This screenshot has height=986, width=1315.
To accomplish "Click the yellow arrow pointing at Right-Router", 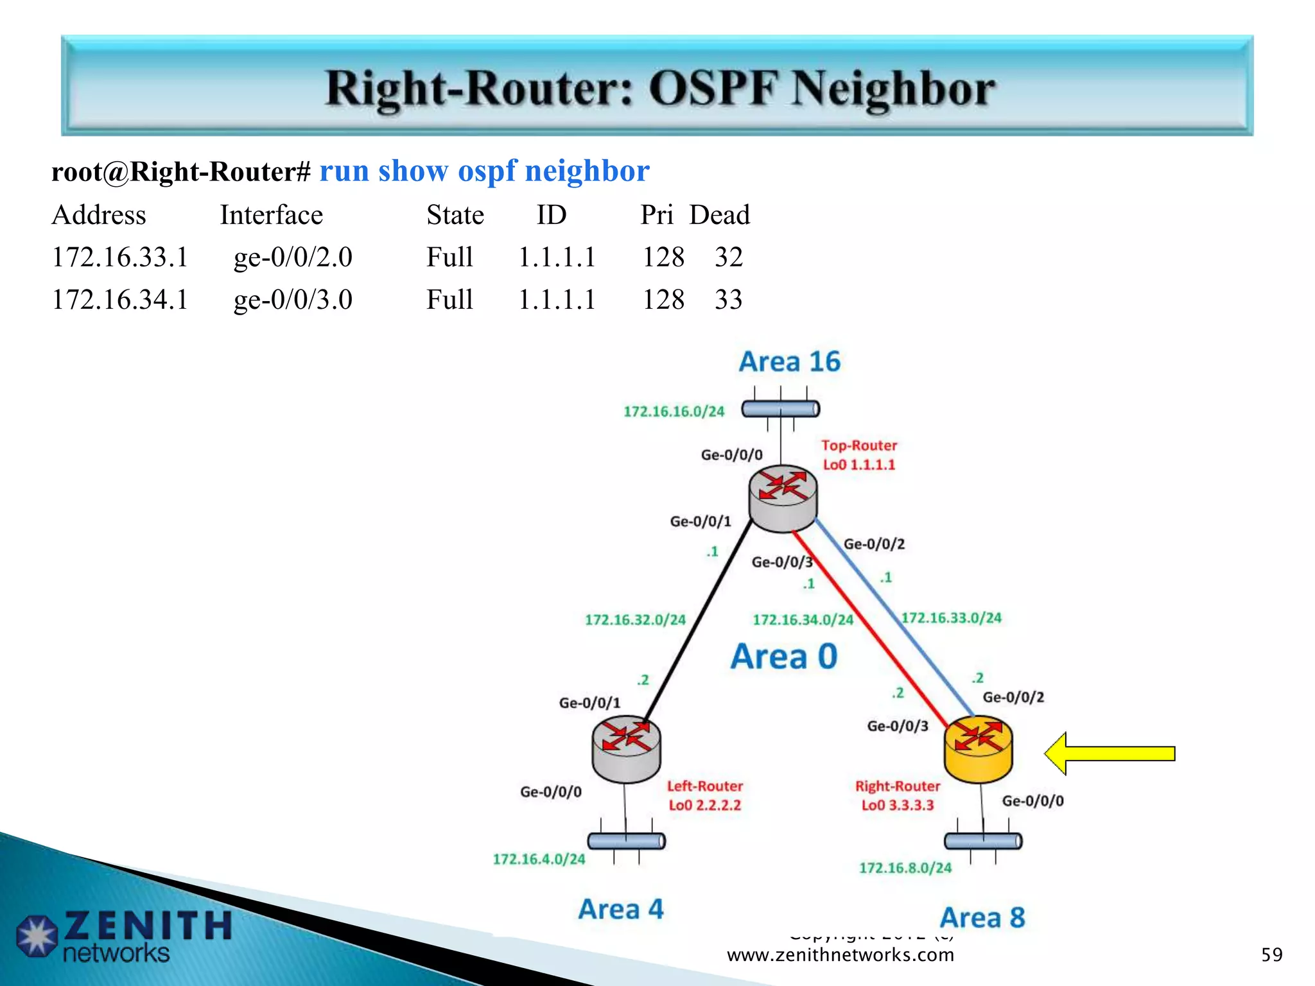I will [x=1110, y=753].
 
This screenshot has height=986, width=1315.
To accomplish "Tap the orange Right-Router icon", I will [x=978, y=749].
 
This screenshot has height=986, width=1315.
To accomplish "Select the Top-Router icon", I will [x=783, y=498].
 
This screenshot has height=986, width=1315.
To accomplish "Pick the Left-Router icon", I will [x=626, y=749].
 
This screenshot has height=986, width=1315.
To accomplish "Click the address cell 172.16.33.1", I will [x=120, y=257].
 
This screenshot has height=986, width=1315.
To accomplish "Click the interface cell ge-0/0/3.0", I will [x=293, y=300].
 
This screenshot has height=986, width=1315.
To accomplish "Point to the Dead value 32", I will [x=728, y=257].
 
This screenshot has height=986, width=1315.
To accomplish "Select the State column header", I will [x=455, y=215].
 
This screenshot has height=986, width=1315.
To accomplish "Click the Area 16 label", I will [x=789, y=361].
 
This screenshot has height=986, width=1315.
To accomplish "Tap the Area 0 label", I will [x=783, y=657].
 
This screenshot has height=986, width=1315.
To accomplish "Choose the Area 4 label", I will [x=620, y=909].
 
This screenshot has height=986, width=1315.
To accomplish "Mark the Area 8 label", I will [x=982, y=917].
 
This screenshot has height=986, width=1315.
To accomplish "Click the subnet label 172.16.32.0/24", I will [x=635, y=620].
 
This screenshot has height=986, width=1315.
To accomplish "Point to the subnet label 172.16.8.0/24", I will [x=905, y=868].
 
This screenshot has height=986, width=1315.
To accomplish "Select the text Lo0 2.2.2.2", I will [x=704, y=805].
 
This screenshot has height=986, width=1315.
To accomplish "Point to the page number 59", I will [x=1271, y=955].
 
